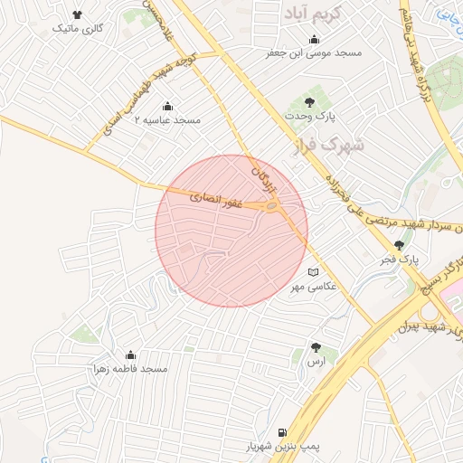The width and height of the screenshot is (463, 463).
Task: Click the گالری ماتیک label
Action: [79, 29]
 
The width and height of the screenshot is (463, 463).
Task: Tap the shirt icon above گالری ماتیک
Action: [79, 15]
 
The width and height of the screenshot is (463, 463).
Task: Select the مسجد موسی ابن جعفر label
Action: [313, 53]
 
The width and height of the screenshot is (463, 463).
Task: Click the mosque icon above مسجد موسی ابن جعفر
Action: [314, 40]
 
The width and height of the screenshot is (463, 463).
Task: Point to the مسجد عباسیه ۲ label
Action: [167, 119]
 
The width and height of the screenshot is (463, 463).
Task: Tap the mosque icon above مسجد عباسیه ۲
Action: [167, 106]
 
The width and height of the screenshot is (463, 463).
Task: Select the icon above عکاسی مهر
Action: [313, 272]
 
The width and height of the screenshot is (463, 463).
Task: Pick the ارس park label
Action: [316, 361]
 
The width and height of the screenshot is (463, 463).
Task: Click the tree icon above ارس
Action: [316, 347]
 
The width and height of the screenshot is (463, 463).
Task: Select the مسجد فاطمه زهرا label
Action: [130, 369]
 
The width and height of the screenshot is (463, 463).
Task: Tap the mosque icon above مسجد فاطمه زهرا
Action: [130, 355]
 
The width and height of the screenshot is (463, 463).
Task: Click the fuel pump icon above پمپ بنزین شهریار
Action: [284, 432]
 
